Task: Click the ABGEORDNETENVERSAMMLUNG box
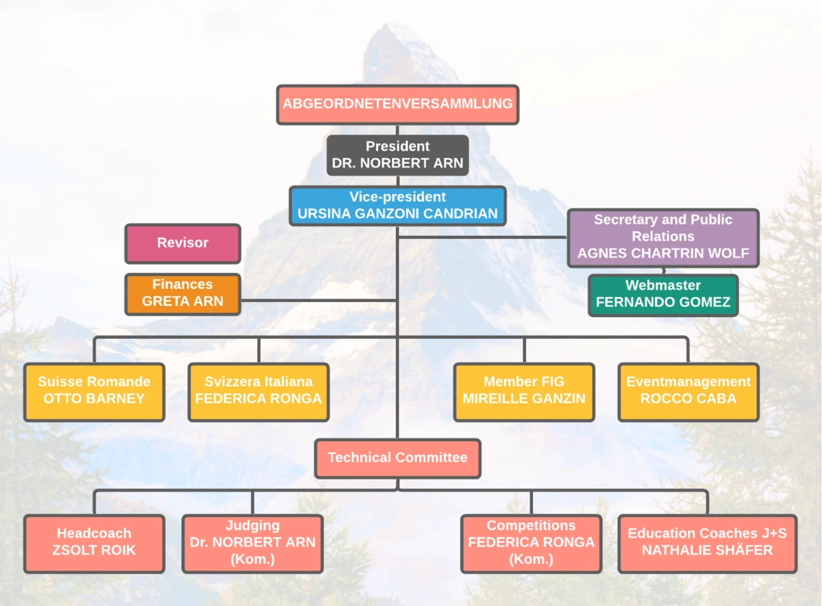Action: pyautogui.click(x=397, y=105)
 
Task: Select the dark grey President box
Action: pyautogui.click(x=397, y=155)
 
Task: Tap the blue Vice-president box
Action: pyautogui.click(x=397, y=206)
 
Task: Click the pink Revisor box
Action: pyautogui.click(x=183, y=244)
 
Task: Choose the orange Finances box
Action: pyautogui.click(x=183, y=294)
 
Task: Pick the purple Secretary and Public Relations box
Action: pyautogui.click(x=663, y=238)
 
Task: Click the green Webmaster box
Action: pyautogui.click(x=663, y=295)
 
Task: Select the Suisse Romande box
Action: pyautogui.click(x=95, y=392)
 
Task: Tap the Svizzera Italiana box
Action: pyautogui.click(x=258, y=392)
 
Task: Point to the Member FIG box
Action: pyautogui.click(x=524, y=392)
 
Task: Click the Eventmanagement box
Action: pyautogui.click(x=688, y=392)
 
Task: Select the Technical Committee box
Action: pyautogui.click(x=397, y=459)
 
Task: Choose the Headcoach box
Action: pyautogui.click(x=95, y=544)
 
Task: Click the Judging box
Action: pyautogui.click(x=253, y=544)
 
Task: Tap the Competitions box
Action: pyautogui.click(x=531, y=544)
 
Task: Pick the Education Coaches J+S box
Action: pyautogui.click(x=708, y=544)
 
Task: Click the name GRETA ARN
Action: pyautogui.click(x=182, y=301)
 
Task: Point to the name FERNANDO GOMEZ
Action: pyautogui.click(x=663, y=302)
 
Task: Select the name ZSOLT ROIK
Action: pyautogui.click(x=94, y=550)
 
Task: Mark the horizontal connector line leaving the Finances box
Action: pyautogui.click(x=319, y=301)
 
